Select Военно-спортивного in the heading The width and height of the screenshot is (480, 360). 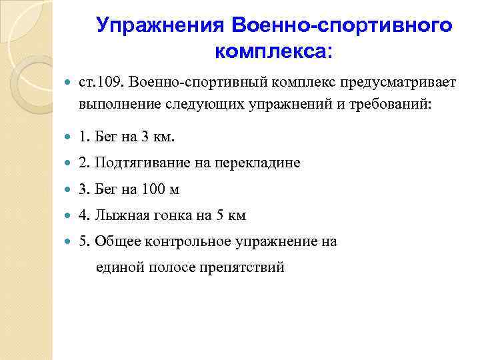coord(342,25)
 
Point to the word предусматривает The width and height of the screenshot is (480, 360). coord(398,82)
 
